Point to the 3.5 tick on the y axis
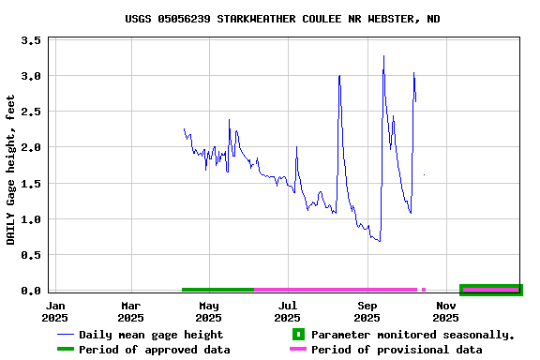[30, 40]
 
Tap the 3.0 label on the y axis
[30, 76]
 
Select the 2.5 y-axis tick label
[30, 112]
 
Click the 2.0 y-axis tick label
[30, 148]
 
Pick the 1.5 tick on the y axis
[30, 184]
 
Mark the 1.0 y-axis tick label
[30, 219]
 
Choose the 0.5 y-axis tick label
[30, 255]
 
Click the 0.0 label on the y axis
[30, 291]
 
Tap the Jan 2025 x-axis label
[55, 311]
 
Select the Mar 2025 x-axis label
[131, 311]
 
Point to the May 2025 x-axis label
[209, 311]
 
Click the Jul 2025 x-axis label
[288, 311]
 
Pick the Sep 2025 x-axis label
[367, 311]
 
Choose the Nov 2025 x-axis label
[446, 311]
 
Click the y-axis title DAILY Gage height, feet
[11, 169]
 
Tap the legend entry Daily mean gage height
[150, 335]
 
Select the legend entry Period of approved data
[154, 350]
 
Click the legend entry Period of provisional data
[397, 350]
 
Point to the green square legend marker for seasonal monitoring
[298, 335]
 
